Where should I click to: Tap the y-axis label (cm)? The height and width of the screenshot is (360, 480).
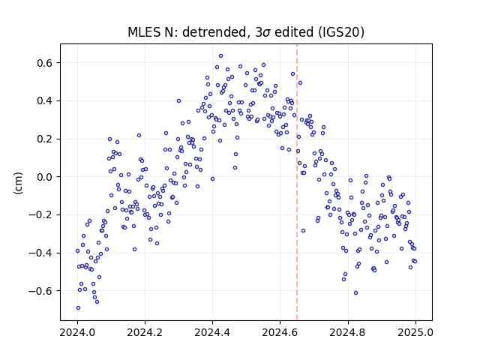point(18,183)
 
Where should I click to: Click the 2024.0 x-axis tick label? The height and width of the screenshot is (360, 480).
point(77,332)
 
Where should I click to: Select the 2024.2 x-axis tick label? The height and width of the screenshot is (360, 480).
point(145,332)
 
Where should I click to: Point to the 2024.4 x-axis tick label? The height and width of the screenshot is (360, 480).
point(212,332)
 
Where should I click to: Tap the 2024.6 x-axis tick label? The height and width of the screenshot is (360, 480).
point(280,332)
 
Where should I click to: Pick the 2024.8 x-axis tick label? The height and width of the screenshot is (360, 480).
point(347,332)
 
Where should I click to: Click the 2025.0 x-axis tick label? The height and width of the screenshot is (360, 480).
point(415,332)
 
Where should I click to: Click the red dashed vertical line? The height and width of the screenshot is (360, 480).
point(297,182)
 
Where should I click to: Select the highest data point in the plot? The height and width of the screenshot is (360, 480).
point(220,56)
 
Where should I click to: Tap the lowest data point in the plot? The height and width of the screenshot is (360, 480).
point(78,308)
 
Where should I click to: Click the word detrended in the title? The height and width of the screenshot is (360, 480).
point(214,32)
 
